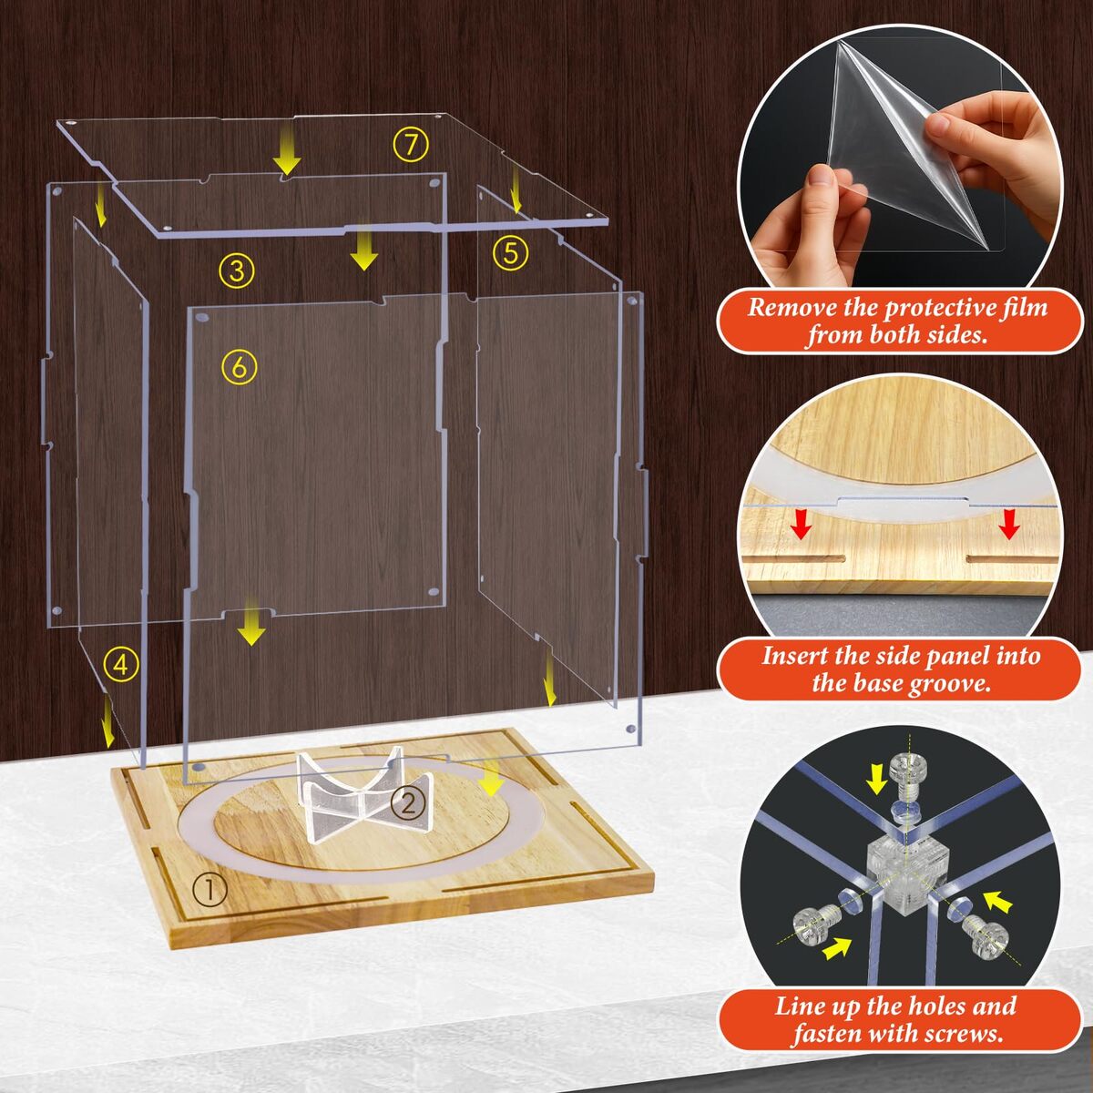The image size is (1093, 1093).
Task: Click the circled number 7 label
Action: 411,145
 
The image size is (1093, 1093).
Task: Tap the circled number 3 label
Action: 237,271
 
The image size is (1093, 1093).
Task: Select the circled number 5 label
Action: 510,253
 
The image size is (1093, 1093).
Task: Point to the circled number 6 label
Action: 240,367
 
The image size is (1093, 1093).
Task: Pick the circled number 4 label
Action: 121,665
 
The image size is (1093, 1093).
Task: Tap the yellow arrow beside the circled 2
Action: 490,778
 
